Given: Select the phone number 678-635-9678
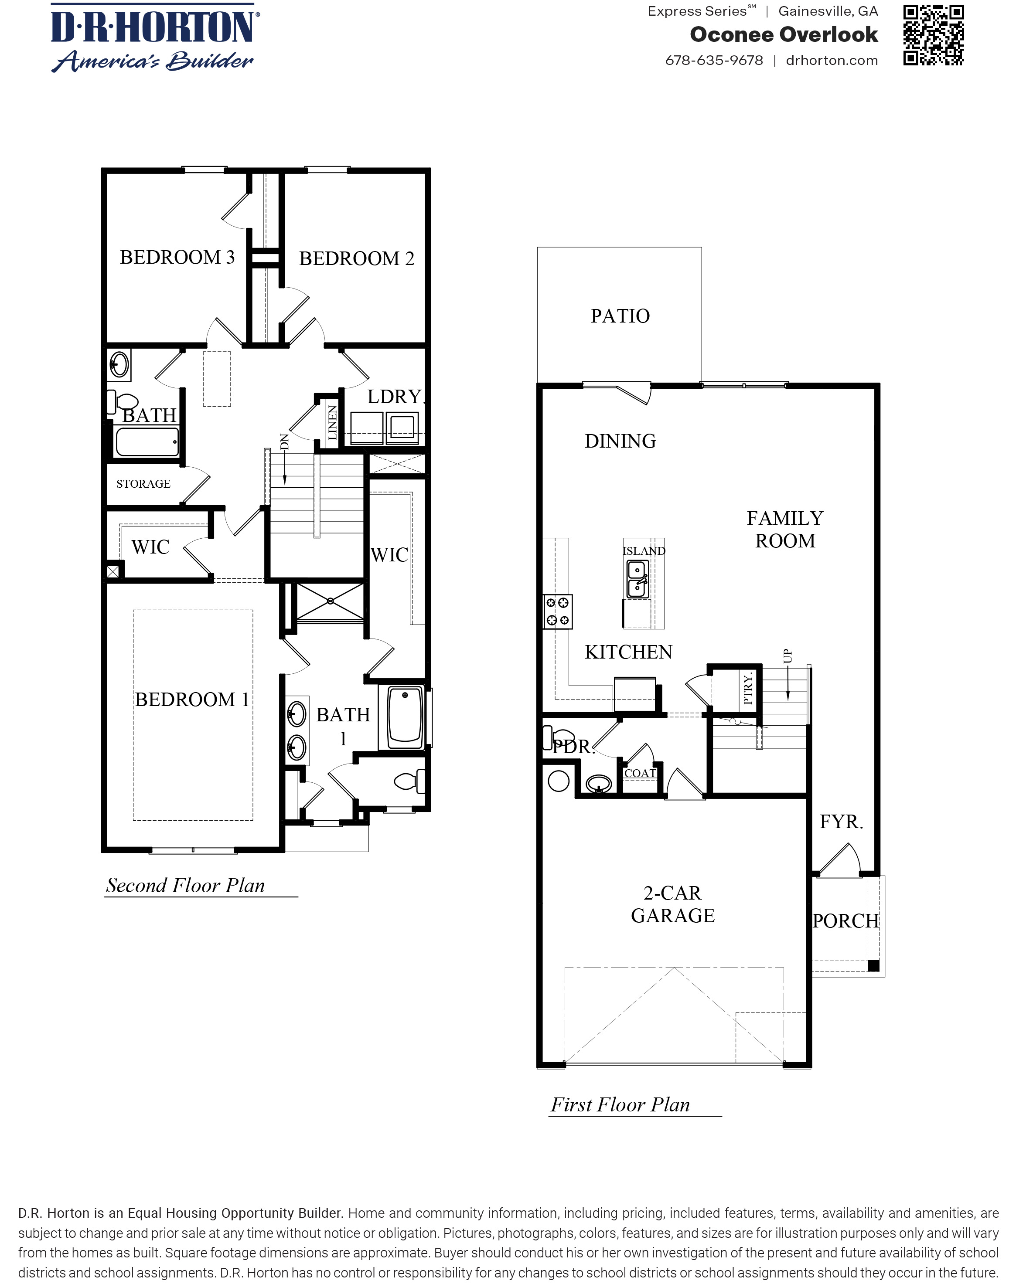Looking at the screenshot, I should pos(714,60).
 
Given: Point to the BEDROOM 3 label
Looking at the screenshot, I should pos(177,257).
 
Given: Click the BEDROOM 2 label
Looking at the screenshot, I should pos(356,258).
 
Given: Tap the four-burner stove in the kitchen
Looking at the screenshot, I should pos(558,611).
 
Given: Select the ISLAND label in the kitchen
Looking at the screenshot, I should pos(644,551).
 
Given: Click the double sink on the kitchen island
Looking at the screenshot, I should pos(638,579).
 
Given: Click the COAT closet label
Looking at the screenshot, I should pos(640,773).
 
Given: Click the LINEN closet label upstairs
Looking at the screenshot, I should pos(332,422).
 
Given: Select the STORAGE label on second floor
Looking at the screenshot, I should pos(143,484).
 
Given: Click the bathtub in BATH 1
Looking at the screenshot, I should pos(405,717).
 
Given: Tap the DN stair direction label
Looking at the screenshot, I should pos(285,442).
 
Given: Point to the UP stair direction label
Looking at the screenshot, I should pos(788,656).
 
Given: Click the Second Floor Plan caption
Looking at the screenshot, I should pos(185,886).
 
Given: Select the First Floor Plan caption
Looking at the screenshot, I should pos(620,1105).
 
